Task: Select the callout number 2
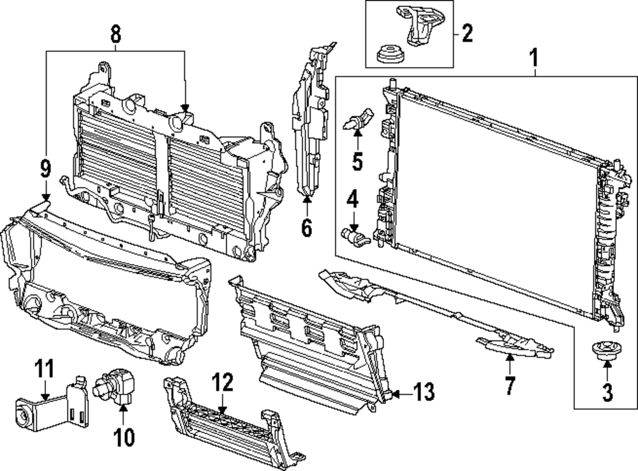467,33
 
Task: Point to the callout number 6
307,227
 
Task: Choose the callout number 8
115,35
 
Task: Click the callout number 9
45,169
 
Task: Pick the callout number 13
425,391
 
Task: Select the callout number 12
223,383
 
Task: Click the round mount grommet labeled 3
602,351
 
